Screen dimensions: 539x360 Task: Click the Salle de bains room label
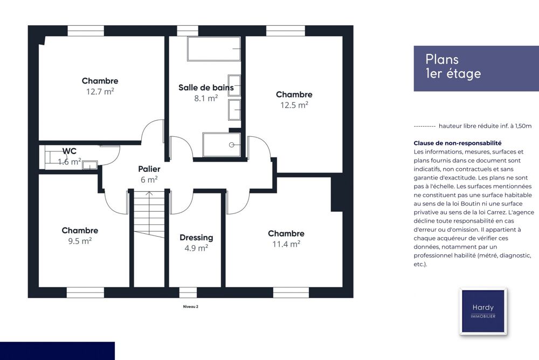[x=206, y=88]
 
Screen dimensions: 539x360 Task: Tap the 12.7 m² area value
[x=100, y=92]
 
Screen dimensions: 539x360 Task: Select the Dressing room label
[x=196, y=238]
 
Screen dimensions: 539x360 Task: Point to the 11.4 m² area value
[x=286, y=244]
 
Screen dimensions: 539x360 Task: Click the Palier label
[x=149, y=169]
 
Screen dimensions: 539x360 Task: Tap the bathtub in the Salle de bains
[x=214, y=49]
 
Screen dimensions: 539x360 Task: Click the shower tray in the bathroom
[x=222, y=144]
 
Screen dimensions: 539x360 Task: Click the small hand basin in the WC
[x=89, y=165]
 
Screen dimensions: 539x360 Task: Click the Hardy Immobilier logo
[x=483, y=311]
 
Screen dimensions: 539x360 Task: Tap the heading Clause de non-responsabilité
[x=458, y=143]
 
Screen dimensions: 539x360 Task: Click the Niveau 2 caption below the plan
[x=190, y=306]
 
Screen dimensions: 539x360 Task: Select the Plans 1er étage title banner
[x=476, y=68]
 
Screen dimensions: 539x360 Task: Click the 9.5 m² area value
[x=80, y=241]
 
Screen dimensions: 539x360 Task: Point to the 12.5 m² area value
[x=294, y=105]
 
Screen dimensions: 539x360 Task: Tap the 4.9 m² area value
[x=196, y=248]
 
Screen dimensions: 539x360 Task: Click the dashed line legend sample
[x=425, y=126]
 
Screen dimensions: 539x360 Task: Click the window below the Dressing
[x=188, y=293]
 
